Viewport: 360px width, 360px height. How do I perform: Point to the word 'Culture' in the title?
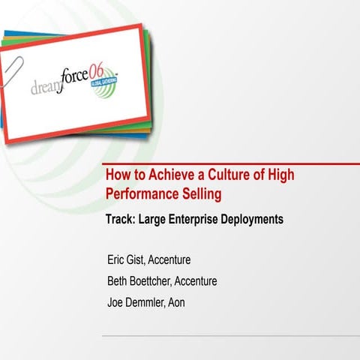225,176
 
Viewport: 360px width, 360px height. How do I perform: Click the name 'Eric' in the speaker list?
117,260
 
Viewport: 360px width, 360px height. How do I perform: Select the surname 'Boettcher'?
150,281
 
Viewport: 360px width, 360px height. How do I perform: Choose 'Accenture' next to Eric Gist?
169,260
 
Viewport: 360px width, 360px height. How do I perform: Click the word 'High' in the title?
281,176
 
